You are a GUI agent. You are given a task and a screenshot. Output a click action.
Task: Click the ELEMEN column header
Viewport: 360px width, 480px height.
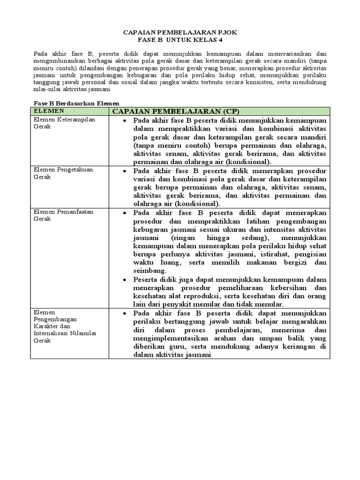48,111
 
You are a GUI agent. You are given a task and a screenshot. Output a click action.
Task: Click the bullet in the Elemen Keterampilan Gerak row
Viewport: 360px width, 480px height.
124,120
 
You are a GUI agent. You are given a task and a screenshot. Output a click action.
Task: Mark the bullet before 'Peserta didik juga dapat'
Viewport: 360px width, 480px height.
124,279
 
